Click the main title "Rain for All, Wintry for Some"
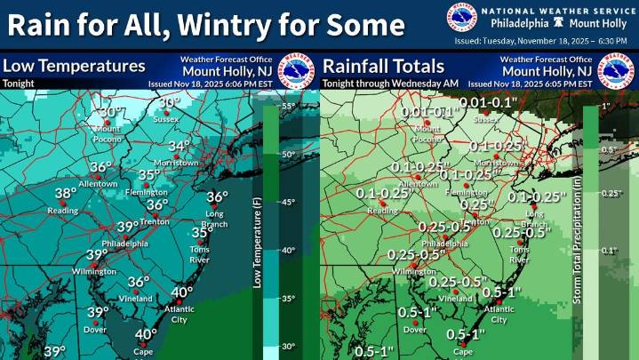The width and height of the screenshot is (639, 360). pyautogui.click(x=203, y=24)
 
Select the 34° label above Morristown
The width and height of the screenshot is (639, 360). pyautogui.click(x=180, y=146)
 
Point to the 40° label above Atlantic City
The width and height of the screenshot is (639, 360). pyautogui.click(x=182, y=292)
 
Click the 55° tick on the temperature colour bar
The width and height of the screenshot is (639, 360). pyautogui.click(x=288, y=106)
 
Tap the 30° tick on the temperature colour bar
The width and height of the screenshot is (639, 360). pyautogui.click(x=288, y=346)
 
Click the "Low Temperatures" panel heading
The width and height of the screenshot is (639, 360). pyautogui.click(x=73, y=66)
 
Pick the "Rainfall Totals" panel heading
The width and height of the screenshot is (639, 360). pyautogui.click(x=383, y=66)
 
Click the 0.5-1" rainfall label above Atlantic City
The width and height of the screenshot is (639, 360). pyautogui.click(x=501, y=292)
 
